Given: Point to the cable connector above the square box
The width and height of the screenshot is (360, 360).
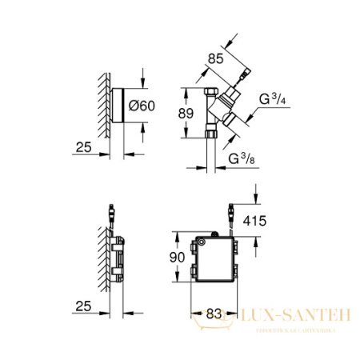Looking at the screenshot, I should coord(230,214).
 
